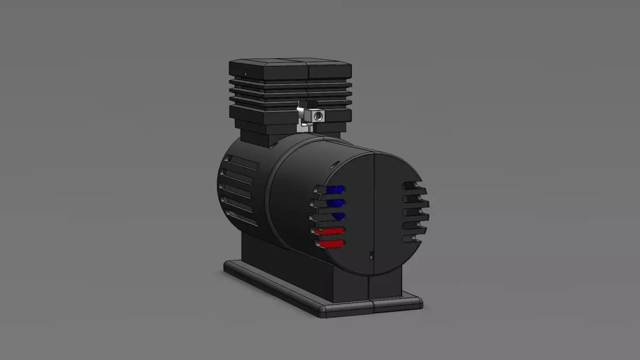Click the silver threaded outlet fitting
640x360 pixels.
(x=316, y=115)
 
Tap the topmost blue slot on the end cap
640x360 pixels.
(x=334, y=190)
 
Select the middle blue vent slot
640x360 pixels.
(x=334, y=203)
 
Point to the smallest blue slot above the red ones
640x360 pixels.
(x=338, y=216)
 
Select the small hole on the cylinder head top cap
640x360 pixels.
(x=245, y=71)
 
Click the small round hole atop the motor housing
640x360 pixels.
(x=335, y=163)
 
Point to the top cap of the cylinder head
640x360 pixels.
(x=291, y=68)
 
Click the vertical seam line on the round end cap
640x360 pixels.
(x=374, y=213)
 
